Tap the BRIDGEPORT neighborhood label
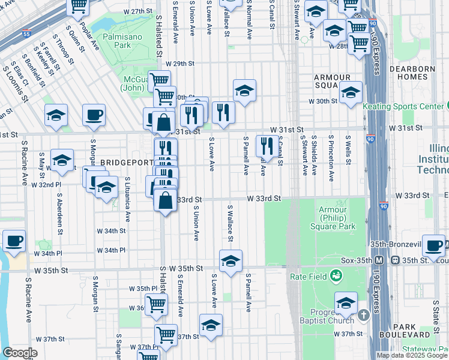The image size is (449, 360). (124, 163)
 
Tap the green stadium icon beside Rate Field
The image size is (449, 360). (336, 277)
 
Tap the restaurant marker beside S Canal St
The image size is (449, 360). (265, 145)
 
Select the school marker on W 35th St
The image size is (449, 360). (230, 260)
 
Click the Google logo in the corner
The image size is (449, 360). (20, 353)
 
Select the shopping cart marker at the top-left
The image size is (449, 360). (78, 6)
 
